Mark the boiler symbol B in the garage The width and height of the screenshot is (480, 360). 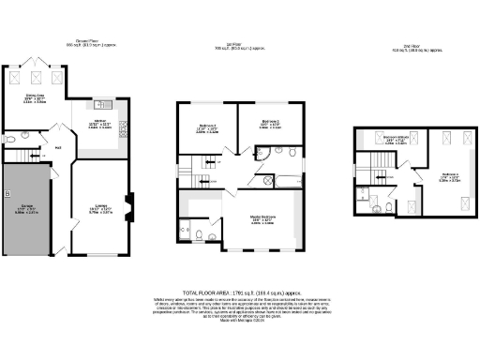[7, 194]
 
